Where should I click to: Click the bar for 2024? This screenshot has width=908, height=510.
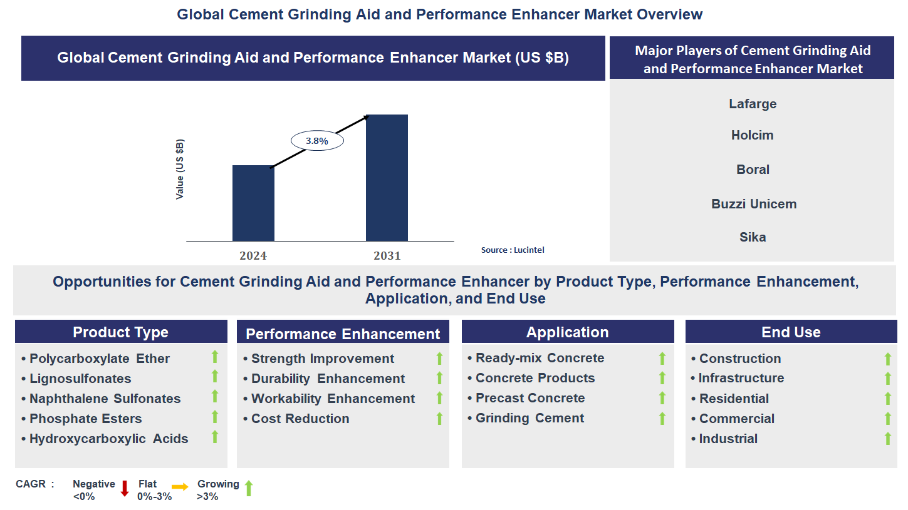(253, 203)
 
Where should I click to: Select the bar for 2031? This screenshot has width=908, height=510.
(387, 178)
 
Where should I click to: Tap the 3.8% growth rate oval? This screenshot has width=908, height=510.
(317, 141)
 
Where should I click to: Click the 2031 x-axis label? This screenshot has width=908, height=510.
(387, 256)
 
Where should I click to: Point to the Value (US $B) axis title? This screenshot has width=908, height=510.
(180, 170)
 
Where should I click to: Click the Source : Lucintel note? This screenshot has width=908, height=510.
(512, 250)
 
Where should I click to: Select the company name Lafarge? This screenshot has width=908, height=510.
(752, 104)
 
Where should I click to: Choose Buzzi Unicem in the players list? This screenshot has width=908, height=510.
(753, 204)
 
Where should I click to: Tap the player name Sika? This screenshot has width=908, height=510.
(752, 237)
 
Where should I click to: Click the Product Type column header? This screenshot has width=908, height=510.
(121, 332)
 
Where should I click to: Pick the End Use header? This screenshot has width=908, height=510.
(791, 332)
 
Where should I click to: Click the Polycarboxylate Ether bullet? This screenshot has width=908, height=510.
(100, 359)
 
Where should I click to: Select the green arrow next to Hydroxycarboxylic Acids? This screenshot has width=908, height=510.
(215, 437)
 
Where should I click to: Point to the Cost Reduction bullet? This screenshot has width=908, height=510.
(300, 419)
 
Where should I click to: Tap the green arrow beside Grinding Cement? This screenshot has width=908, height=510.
(662, 419)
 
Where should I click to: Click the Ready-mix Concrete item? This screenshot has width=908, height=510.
(540, 359)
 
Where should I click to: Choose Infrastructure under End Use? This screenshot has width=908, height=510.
(741, 378)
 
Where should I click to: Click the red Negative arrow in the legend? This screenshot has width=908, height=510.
(124, 488)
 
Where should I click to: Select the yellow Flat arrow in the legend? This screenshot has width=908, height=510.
(180, 486)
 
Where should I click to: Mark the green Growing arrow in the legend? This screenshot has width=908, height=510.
(248, 488)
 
